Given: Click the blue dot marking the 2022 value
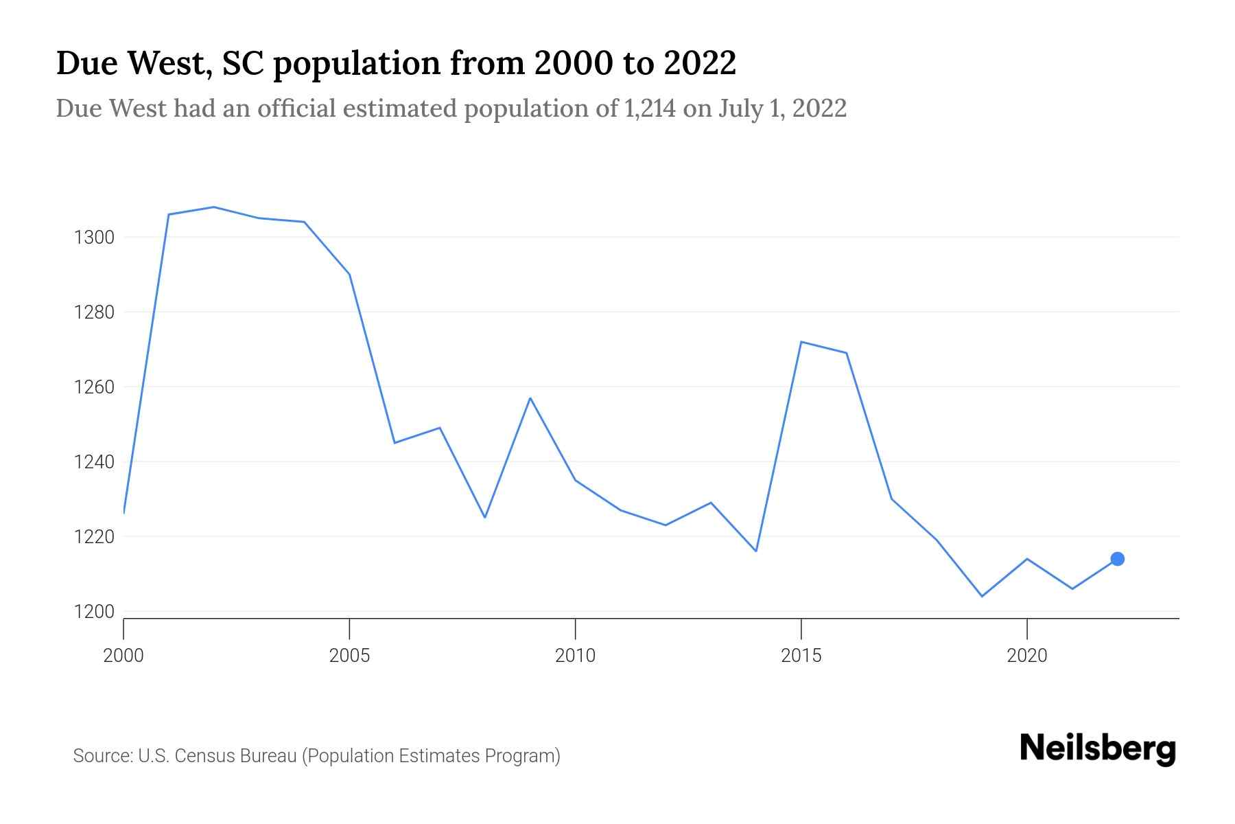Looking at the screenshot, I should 1117,559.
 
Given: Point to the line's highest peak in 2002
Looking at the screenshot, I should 214,207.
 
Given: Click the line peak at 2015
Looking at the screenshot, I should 801,342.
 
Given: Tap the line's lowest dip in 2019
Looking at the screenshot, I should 982,596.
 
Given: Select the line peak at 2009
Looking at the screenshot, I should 530,398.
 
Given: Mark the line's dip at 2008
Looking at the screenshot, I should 485,517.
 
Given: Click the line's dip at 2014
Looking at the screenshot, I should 756,551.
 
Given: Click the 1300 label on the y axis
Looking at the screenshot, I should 94,238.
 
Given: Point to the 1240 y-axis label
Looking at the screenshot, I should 94,462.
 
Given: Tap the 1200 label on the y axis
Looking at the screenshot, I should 94,612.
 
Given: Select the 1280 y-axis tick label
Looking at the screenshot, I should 94,312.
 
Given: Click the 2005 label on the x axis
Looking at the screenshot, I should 349,656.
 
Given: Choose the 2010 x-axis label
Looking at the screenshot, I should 575,656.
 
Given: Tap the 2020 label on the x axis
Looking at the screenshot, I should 1026,656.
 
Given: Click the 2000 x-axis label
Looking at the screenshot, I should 123,656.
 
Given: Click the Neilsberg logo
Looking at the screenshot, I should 1098,748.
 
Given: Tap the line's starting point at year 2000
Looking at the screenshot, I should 124,512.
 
